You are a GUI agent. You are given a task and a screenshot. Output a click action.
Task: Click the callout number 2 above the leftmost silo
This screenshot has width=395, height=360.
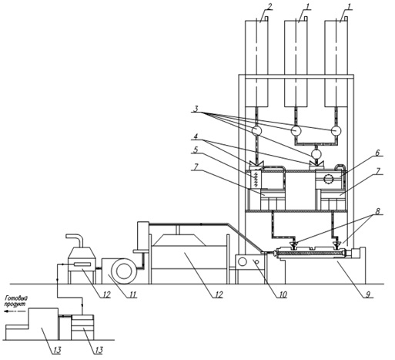[269, 6]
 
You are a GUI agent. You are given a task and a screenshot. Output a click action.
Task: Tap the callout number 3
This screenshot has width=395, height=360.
[196, 109]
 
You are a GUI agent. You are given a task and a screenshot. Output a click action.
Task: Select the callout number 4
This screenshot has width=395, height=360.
[196, 136]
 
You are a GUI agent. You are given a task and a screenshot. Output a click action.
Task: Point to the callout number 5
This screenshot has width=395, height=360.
[196, 150]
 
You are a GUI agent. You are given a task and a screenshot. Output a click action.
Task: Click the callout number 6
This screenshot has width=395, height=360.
[377, 152]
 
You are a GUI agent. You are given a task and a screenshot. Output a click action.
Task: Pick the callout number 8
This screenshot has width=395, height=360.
[377, 211]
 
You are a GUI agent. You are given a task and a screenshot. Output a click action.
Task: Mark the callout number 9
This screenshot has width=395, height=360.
[368, 294]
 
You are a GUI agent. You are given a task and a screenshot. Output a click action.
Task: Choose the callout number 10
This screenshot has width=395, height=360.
[282, 294]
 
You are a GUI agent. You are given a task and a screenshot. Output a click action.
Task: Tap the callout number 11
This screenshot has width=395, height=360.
[132, 294]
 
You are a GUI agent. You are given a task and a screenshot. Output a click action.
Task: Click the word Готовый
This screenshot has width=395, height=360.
[17, 298]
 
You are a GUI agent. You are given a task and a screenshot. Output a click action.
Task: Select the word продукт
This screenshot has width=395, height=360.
[16, 304]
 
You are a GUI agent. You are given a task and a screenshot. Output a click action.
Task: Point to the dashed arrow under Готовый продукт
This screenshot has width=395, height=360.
[15, 311]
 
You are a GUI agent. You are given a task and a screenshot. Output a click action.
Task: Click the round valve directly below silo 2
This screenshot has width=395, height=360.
[256, 130]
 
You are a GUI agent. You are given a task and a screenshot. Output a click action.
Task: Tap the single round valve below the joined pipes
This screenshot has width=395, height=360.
[316, 153]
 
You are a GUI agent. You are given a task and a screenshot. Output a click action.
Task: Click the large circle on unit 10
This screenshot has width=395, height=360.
[243, 262]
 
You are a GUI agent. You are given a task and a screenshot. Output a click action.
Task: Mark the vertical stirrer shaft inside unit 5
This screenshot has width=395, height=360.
[256, 180]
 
